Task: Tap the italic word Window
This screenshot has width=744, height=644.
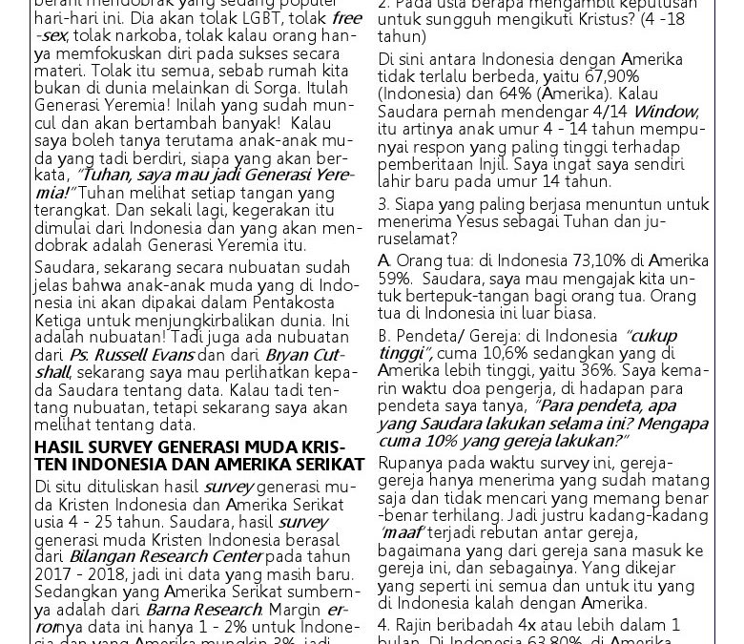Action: click(x=665, y=113)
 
